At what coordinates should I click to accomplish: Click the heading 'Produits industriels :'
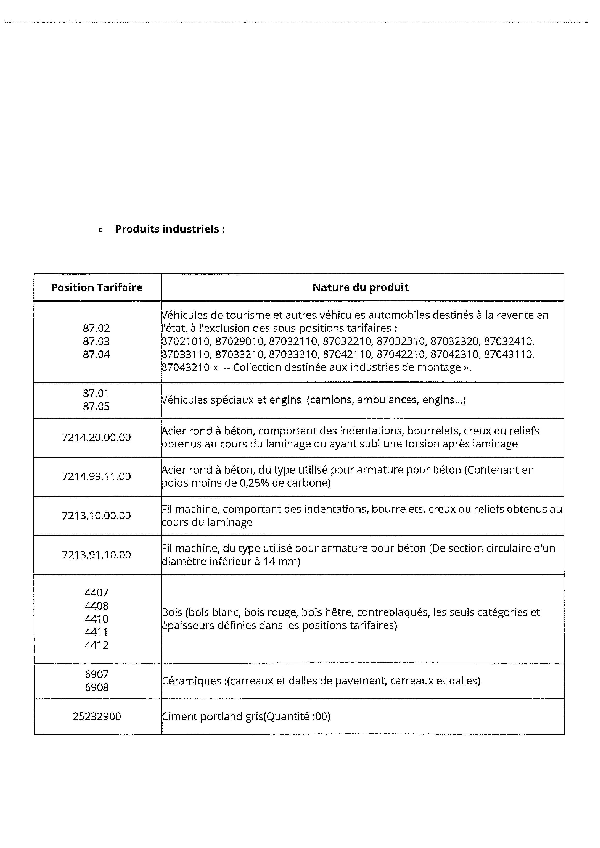(x=170, y=229)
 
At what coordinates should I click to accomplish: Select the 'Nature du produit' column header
(x=360, y=287)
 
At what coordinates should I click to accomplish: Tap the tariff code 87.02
(x=96, y=328)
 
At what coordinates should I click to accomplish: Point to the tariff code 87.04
(x=96, y=354)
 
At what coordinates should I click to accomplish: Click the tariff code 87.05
(x=96, y=406)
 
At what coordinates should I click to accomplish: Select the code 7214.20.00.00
(x=96, y=437)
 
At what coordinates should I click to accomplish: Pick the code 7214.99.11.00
(x=96, y=476)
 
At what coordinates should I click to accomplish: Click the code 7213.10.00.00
(x=96, y=515)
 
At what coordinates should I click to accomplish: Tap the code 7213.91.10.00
(x=96, y=554)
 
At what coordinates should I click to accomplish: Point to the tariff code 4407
(x=96, y=592)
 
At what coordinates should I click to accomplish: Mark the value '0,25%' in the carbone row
(x=255, y=483)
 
